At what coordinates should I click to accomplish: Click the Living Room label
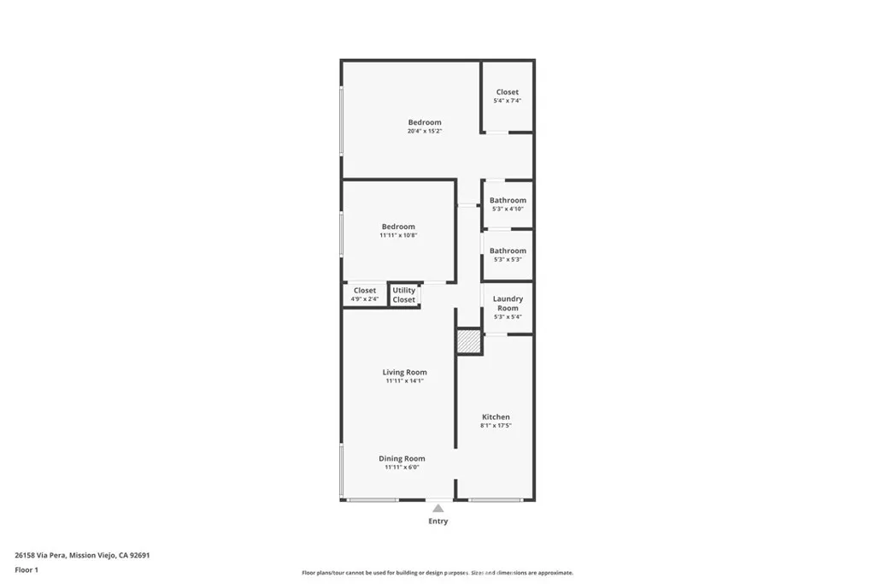click(x=404, y=372)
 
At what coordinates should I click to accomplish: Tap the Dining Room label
click(x=402, y=458)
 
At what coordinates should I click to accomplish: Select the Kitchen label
click(x=496, y=416)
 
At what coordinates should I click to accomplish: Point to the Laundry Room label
click(x=508, y=303)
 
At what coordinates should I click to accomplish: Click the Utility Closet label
click(x=404, y=295)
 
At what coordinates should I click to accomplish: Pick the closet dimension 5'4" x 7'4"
click(x=507, y=101)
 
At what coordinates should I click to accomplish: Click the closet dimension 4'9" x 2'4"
click(x=365, y=299)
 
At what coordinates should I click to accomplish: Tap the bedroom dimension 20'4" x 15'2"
click(x=425, y=131)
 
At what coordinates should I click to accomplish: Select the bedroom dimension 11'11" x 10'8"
click(x=398, y=235)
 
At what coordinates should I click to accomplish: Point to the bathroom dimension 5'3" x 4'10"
click(x=508, y=209)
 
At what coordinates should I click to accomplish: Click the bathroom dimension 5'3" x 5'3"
click(x=508, y=259)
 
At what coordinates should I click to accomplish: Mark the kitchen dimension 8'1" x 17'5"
click(x=496, y=425)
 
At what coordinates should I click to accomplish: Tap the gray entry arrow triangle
click(x=437, y=508)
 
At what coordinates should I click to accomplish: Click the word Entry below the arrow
click(x=437, y=521)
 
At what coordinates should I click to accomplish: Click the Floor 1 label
click(x=26, y=569)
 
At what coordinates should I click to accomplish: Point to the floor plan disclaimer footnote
click(x=437, y=573)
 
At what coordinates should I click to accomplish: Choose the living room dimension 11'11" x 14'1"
click(x=404, y=380)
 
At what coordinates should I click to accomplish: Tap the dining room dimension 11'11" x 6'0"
click(x=402, y=467)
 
